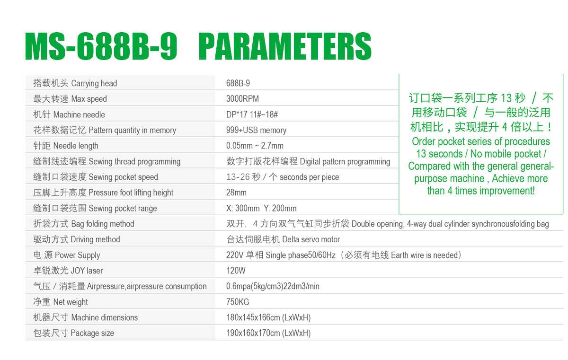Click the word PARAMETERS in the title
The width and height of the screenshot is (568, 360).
[x=285, y=46]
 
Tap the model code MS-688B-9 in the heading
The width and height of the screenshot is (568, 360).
[x=101, y=46]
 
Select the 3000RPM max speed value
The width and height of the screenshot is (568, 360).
[x=242, y=99]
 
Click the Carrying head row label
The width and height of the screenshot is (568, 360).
[x=75, y=83]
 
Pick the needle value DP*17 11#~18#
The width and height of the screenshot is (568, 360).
[x=252, y=114]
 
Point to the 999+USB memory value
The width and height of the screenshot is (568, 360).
[x=257, y=130]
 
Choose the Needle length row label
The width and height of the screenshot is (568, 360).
[x=66, y=146]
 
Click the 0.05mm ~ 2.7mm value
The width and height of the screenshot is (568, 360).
[x=255, y=146]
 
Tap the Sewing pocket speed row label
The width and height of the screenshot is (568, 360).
[x=96, y=177]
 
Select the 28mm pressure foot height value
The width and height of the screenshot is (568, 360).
[x=236, y=193]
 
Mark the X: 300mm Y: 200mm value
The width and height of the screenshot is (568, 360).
[x=261, y=208]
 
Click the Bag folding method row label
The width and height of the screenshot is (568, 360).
[x=84, y=224]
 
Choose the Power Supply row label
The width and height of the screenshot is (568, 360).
[x=67, y=255]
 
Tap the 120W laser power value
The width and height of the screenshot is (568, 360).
[x=236, y=271]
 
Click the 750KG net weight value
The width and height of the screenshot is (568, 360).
[x=238, y=302]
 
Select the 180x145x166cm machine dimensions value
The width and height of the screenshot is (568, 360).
[x=268, y=317]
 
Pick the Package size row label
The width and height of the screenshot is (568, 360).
[x=73, y=333]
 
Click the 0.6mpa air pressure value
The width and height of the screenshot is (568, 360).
[x=273, y=286]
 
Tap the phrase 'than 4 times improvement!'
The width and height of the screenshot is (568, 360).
[x=481, y=191]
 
